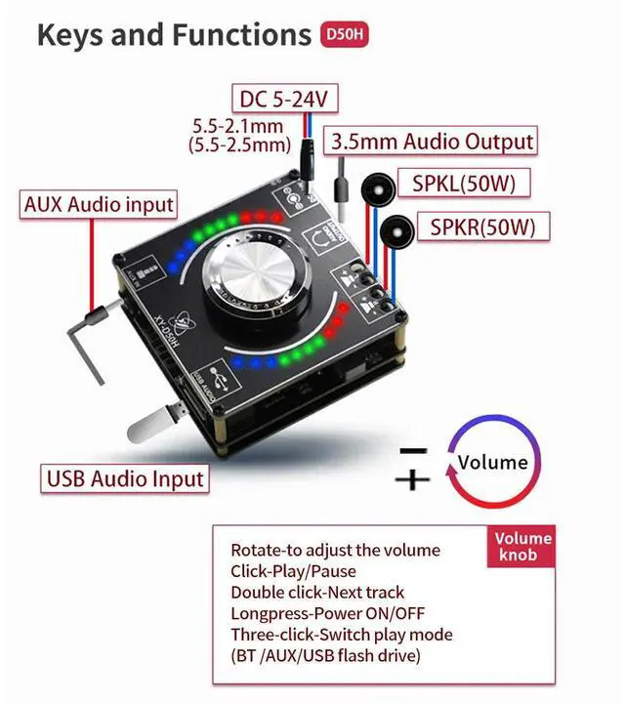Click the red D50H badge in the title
pyautogui.click(x=346, y=36)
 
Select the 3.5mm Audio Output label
pyautogui.click(x=433, y=141)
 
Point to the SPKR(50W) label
pyautogui.click(x=483, y=228)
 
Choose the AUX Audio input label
pyautogui.click(x=99, y=205)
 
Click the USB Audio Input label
pyautogui.click(x=125, y=478)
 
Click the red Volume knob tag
pyautogui.click(x=522, y=547)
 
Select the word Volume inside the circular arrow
pyautogui.click(x=492, y=463)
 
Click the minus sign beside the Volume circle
pyautogui.click(x=414, y=450)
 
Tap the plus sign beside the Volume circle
pyautogui.click(x=414, y=479)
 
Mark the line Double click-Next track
pyautogui.click(x=317, y=592)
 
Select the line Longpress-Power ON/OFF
pyautogui.click(x=328, y=613)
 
